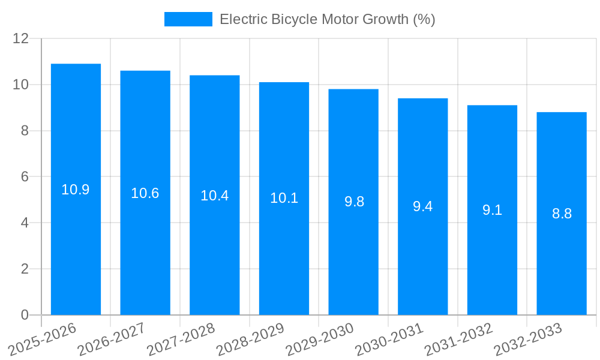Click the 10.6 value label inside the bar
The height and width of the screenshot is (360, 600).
click(145, 193)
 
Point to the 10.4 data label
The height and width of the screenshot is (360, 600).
click(214, 196)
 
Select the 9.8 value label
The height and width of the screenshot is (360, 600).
click(354, 202)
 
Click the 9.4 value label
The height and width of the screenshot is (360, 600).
click(422, 206)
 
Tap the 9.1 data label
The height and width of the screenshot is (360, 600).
click(492, 210)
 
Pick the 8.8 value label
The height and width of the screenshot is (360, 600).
click(562, 214)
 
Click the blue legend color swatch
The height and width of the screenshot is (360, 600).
click(188, 19)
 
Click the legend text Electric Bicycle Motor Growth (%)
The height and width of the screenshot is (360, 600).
click(327, 19)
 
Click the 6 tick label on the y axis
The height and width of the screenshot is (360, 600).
click(25, 177)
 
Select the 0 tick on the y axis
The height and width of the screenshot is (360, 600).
click(25, 315)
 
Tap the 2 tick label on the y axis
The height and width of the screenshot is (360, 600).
click(25, 269)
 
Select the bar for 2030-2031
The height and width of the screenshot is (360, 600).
click(422, 264)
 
